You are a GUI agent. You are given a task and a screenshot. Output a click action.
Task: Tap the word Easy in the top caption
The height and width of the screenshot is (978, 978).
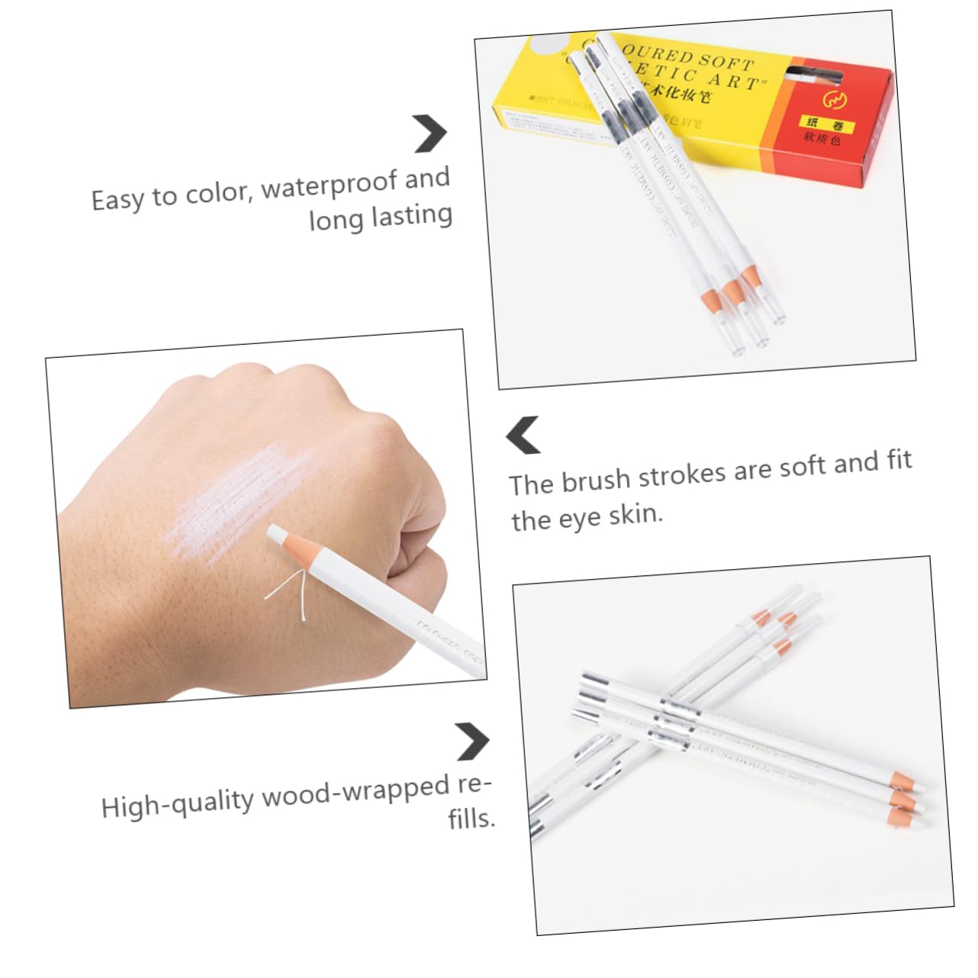coord(117,200)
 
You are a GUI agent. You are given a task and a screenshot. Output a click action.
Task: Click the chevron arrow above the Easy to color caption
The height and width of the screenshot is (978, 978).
coord(430,134)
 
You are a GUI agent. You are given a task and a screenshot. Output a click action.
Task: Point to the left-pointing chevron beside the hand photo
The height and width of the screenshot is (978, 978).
coord(523,435)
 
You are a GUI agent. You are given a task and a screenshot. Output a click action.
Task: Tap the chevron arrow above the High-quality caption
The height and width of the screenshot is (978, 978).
coord(472,741)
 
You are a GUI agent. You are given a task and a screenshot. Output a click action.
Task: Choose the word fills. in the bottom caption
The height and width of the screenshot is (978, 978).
coord(471,818)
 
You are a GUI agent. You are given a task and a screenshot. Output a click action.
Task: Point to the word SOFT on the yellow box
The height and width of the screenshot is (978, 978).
coord(725,60)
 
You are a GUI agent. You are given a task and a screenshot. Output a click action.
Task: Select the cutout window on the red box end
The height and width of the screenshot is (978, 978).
coord(814,75)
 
